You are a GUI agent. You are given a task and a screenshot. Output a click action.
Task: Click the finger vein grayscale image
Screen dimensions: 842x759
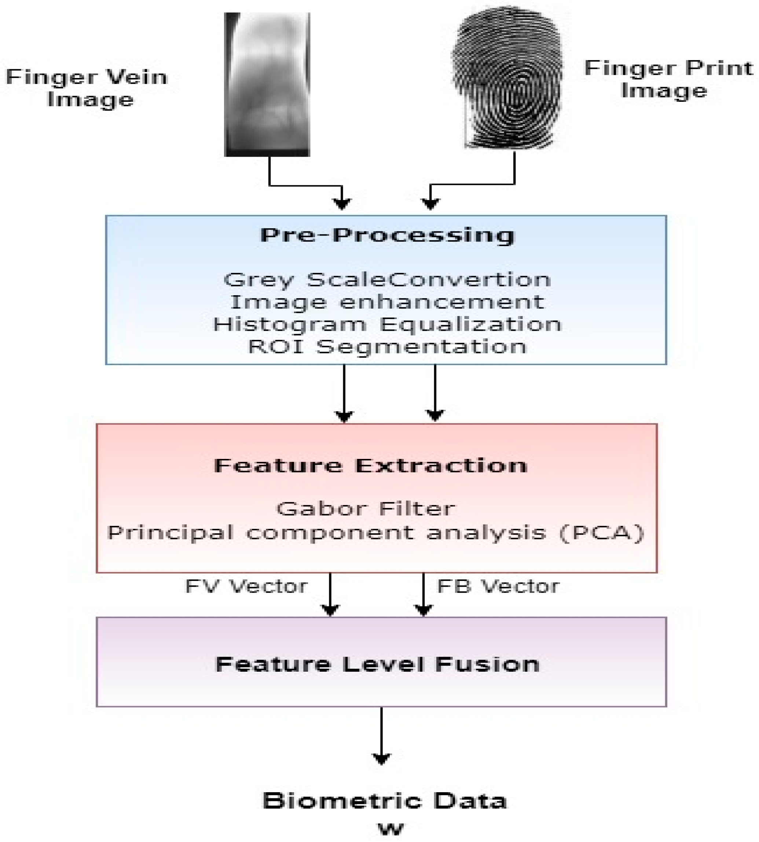point(267,84)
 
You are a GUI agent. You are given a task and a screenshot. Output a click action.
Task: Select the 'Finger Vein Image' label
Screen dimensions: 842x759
point(87,88)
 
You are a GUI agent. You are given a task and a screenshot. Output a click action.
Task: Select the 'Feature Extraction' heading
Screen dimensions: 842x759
point(371,465)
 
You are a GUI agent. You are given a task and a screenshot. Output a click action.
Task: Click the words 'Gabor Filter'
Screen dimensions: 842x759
point(366,509)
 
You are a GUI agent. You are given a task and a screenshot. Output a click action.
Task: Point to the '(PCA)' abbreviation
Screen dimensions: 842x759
point(602,533)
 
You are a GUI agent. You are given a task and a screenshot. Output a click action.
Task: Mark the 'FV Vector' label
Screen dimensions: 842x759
point(246,587)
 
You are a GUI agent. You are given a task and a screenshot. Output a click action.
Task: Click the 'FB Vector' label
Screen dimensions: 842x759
point(498,587)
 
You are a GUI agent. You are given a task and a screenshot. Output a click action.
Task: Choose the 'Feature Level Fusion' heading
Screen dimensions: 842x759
point(377,664)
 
